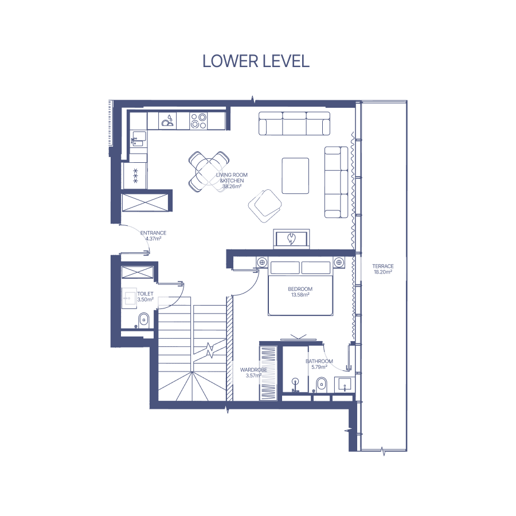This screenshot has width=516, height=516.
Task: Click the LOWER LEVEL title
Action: tap(256, 61)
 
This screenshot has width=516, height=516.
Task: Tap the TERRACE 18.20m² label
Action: tap(383, 269)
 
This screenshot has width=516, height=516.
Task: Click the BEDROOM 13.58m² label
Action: tap(300, 292)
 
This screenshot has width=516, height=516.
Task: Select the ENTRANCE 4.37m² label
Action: tap(153, 236)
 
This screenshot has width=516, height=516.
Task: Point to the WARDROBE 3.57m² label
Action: tap(253, 373)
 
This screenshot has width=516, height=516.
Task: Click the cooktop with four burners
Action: tap(199, 121)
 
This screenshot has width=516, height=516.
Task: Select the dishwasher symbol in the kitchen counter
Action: tap(167, 121)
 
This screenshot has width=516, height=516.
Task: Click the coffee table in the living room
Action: tap(295, 176)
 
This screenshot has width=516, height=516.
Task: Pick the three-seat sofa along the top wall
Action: tap(294, 123)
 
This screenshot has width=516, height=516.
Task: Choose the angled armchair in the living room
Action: tap(265, 206)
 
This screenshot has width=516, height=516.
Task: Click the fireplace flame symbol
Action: tap(291, 239)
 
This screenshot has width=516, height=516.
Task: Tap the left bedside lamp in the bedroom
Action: tap(262, 262)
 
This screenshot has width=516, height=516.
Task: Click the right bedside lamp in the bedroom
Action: tap(339, 262)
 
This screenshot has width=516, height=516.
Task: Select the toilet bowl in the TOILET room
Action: tap(143, 320)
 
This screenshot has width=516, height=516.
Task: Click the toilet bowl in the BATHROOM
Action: tap(321, 385)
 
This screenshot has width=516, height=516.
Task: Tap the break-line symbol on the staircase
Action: tap(209, 350)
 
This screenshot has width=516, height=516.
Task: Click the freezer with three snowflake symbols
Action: tap(135, 175)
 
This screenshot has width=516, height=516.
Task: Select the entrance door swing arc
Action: tap(138, 234)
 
